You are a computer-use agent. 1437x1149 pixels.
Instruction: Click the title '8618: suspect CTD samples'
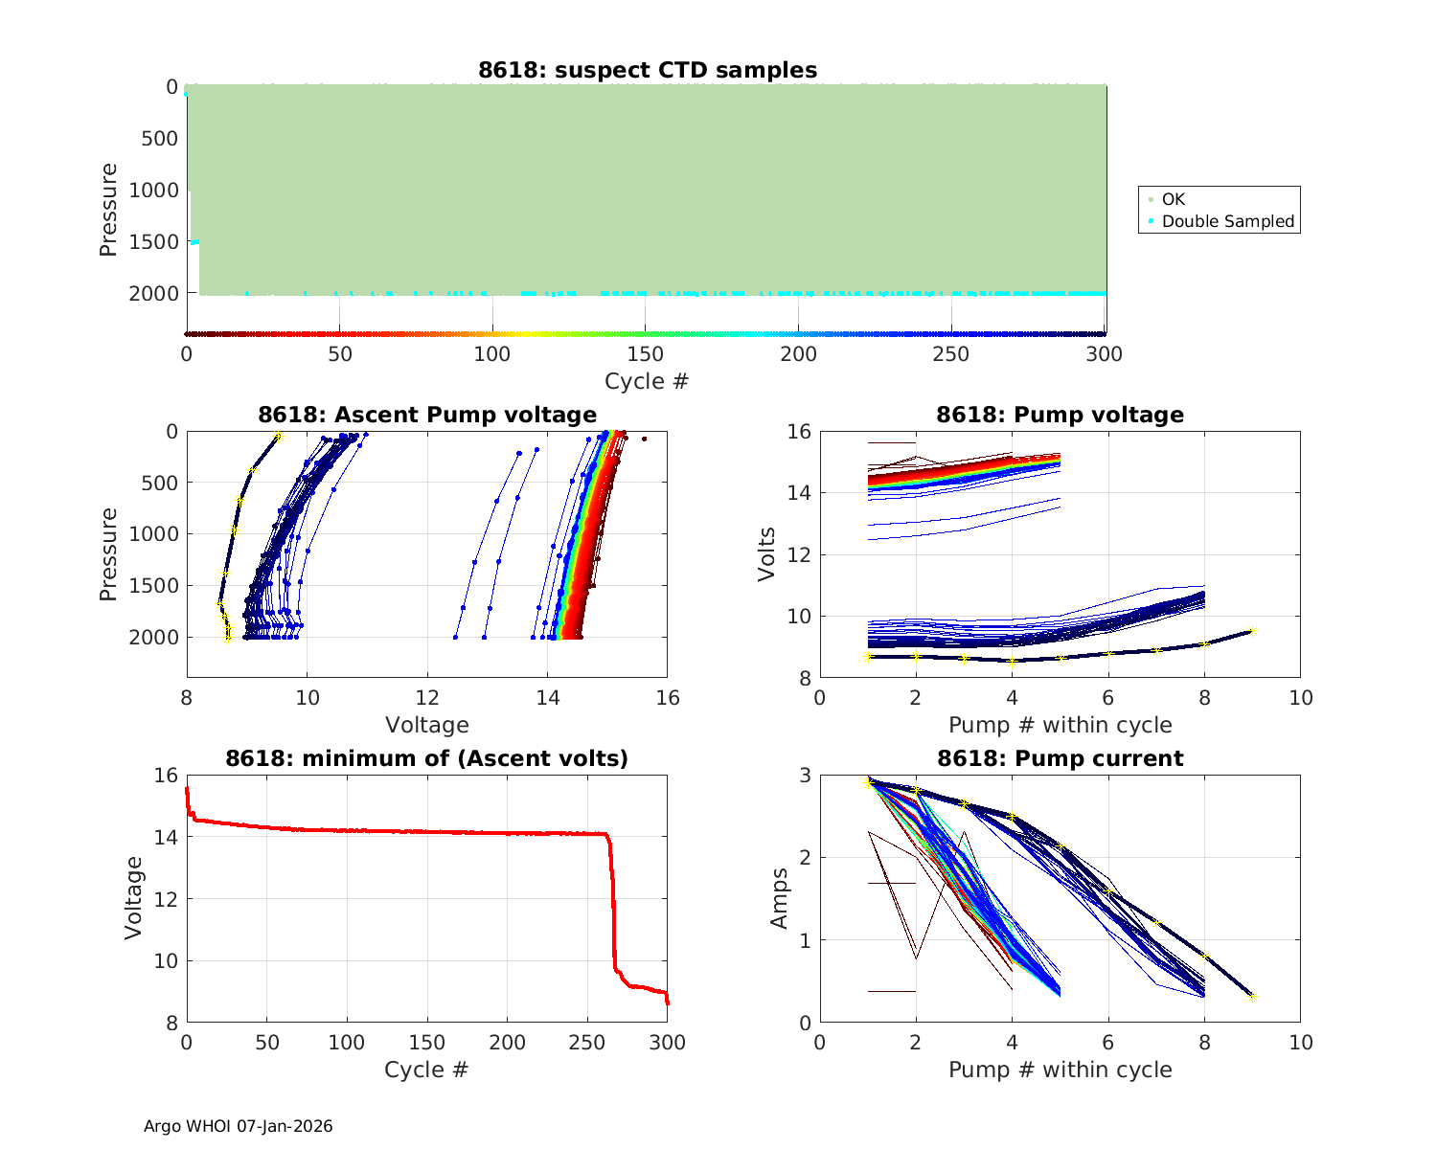(648, 71)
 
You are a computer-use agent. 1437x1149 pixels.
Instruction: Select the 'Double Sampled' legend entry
(1227, 221)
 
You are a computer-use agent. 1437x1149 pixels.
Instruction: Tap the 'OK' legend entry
(1173, 199)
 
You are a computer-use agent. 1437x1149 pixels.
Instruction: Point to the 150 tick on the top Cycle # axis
(645, 354)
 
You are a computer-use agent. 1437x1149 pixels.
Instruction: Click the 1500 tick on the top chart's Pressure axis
(153, 242)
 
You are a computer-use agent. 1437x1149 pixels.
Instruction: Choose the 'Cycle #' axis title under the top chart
(647, 381)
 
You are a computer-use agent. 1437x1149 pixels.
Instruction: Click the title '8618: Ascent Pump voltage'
(427, 415)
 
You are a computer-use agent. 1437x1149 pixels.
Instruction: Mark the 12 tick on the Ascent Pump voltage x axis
(427, 698)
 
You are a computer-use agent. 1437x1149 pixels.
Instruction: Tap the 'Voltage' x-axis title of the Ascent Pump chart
(427, 725)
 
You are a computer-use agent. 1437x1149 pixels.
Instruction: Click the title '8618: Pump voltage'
(1060, 415)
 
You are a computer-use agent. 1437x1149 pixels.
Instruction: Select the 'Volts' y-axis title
(766, 554)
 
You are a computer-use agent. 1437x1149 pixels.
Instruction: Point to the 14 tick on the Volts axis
(800, 493)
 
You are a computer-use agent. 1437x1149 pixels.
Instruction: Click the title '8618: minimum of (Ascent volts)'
(427, 759)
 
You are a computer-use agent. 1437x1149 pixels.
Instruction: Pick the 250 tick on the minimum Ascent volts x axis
(587, 1043)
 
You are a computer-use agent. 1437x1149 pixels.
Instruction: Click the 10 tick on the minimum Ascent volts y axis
(166, 961)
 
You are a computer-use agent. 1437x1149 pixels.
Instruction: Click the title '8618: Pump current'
(1060, 759)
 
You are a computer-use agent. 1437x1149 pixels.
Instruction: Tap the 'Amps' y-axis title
(779, 898)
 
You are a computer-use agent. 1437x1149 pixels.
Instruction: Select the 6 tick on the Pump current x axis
(1108, 1043)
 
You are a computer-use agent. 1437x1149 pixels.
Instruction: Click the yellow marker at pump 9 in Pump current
(1252, 997)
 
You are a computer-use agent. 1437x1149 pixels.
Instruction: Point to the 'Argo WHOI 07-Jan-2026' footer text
(238, 1126)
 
